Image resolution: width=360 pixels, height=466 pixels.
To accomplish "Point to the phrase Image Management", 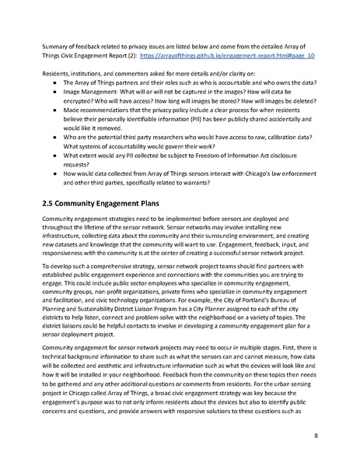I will point(90,90).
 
